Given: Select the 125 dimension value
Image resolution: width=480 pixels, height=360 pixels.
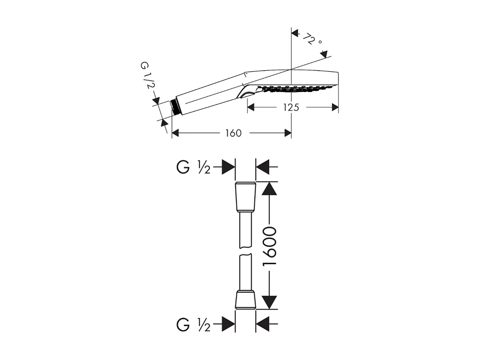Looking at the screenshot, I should click(291, 107).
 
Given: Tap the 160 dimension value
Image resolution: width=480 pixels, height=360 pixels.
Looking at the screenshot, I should click(233, 133).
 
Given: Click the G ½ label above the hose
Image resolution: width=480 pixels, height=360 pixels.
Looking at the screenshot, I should click(194, 167).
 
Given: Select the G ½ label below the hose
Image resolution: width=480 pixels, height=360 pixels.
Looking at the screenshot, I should click(194, 324).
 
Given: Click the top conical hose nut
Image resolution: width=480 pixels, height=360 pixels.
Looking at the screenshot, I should click(245, 197).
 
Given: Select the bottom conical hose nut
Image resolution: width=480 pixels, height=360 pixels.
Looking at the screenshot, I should click(245, 299).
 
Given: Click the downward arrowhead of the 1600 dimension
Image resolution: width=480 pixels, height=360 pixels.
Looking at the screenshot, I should click(269, 302).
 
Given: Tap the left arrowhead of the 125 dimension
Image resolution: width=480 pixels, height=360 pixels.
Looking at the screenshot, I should click(251, 107).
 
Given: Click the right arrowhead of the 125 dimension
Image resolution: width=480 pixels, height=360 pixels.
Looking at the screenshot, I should click(334, 107).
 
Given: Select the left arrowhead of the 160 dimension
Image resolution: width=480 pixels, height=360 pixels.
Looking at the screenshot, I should click(175, 133).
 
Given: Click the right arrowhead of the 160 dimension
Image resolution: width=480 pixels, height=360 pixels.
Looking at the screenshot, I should click(288, 133).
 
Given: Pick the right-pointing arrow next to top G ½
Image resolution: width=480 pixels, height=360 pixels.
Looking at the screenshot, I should click(228, 167).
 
